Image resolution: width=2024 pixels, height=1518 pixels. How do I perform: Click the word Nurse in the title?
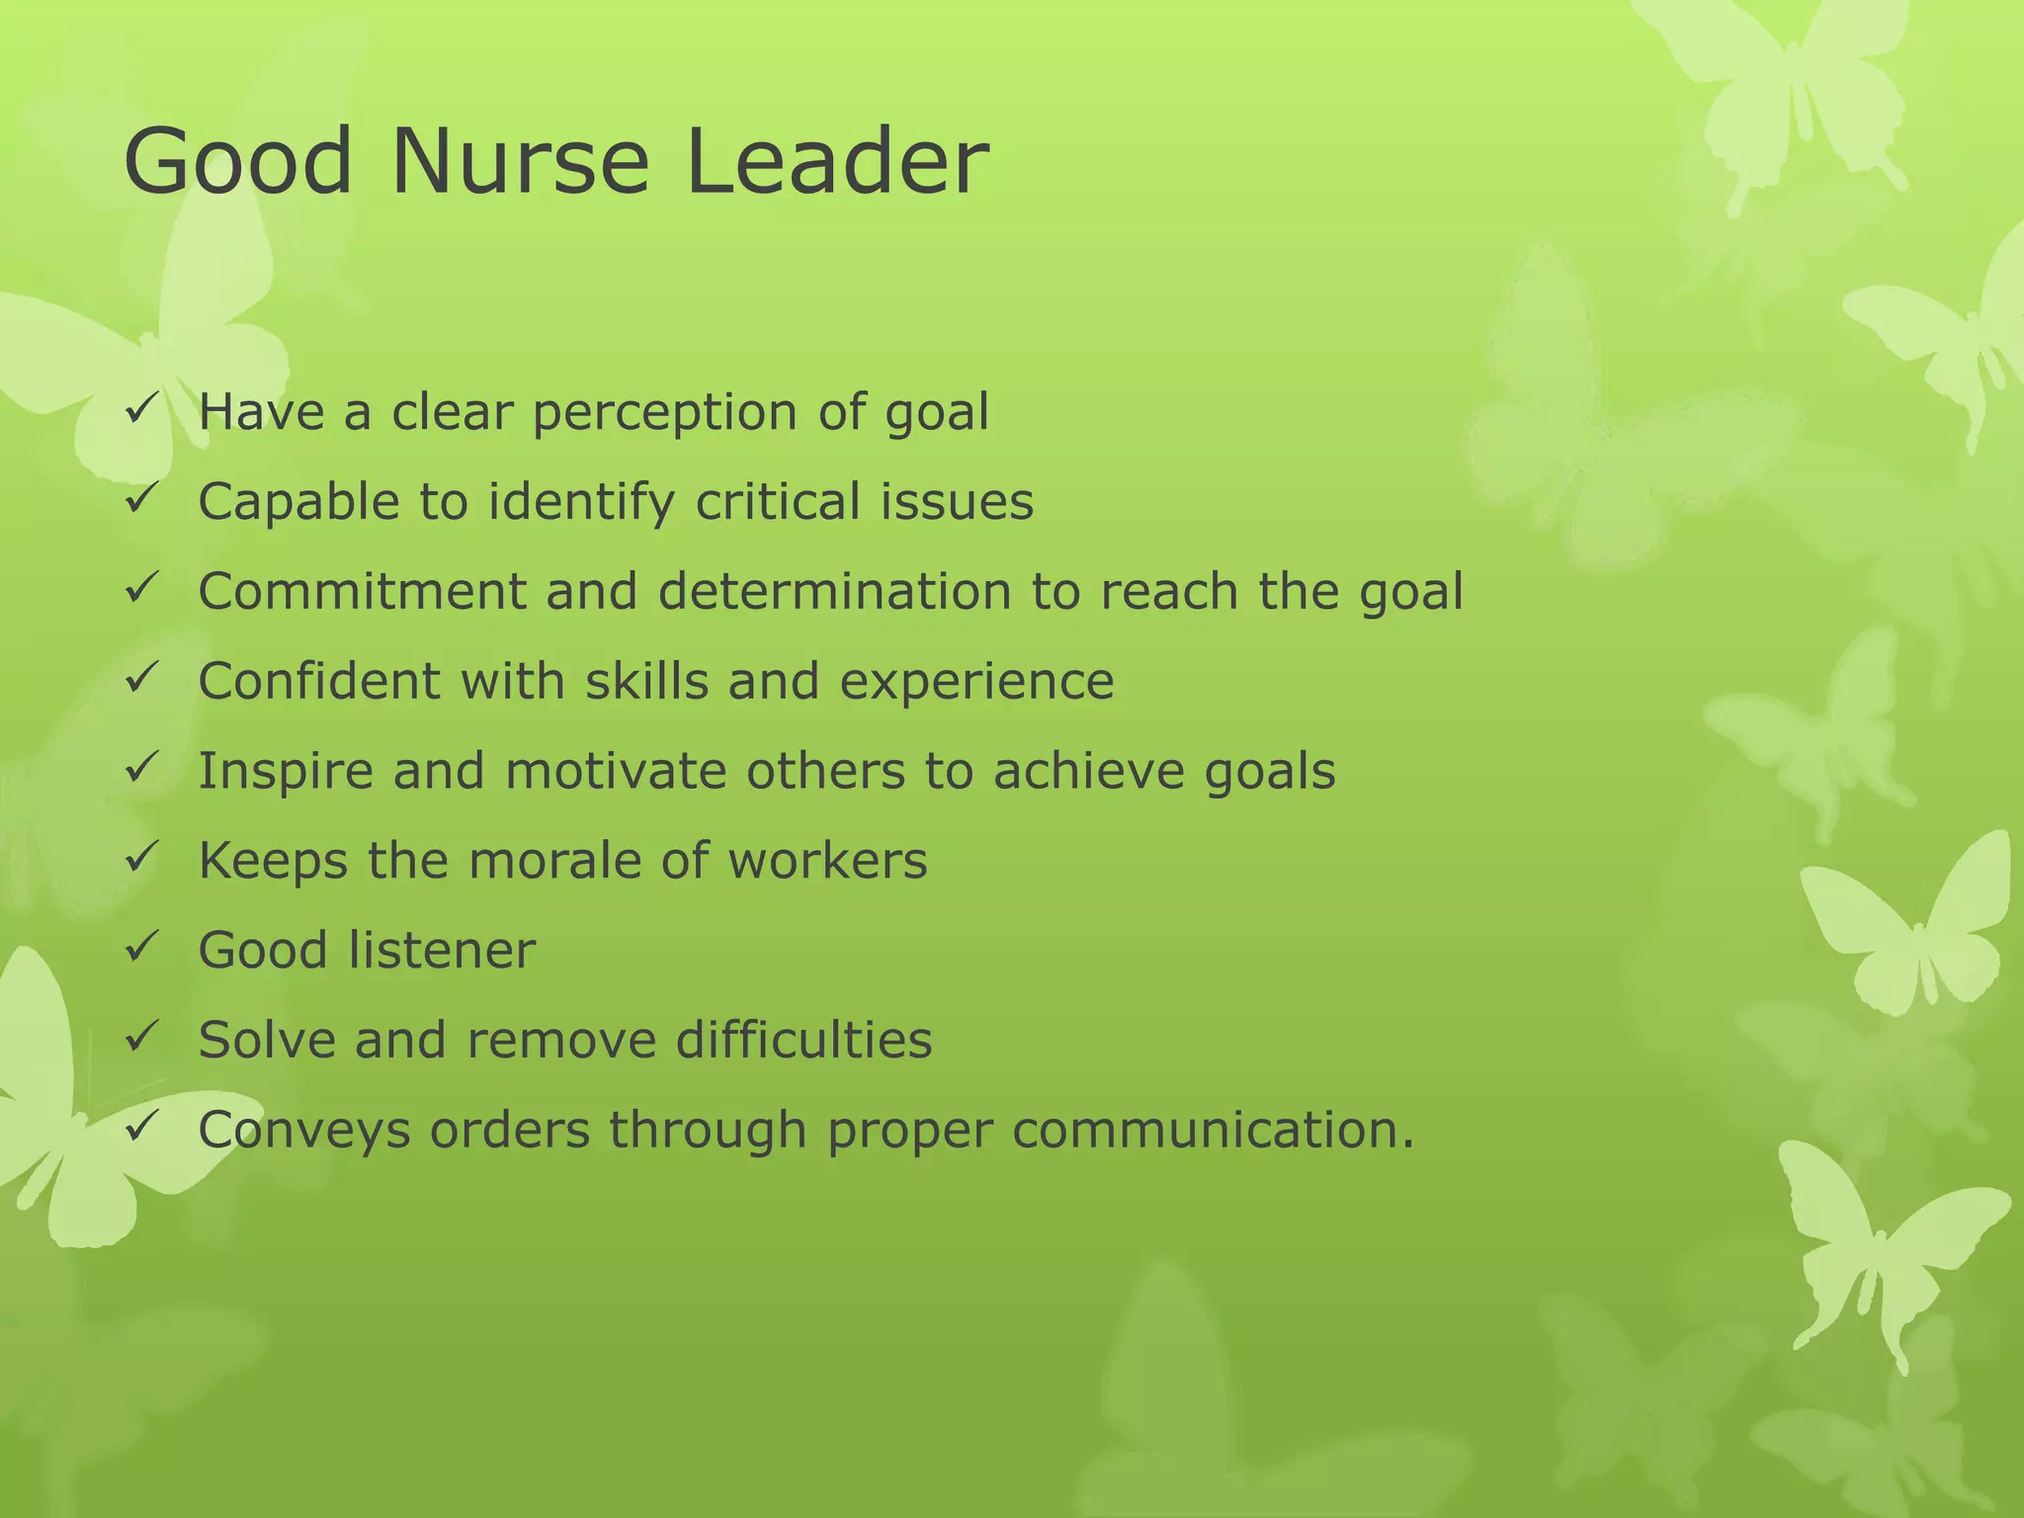pos(520,162)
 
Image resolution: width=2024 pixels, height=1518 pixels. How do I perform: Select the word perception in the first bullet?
pos(664,412)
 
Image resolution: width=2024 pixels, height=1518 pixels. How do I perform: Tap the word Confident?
pos(319,682)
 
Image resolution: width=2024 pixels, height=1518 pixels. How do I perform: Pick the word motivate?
pos(616,771)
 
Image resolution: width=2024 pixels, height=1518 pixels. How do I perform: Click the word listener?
pos(442,951)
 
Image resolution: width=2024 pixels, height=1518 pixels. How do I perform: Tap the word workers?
pos(827,861)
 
